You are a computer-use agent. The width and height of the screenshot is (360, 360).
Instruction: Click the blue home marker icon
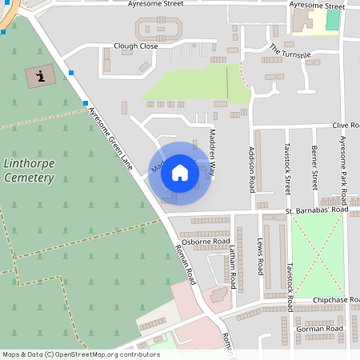coord(180,173)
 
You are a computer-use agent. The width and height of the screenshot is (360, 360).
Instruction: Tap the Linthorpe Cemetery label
coord(29,170)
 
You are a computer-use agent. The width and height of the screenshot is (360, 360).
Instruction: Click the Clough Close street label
coord(136,46)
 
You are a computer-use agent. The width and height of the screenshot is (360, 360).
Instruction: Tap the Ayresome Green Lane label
coord(110,138)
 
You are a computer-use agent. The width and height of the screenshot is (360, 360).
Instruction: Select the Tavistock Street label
coord(287,169)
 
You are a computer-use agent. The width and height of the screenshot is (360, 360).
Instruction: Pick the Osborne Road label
coord(206,241)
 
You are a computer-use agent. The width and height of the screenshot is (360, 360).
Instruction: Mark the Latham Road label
coord(233,267)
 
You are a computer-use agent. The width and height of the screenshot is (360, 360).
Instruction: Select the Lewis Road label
coord(260,256)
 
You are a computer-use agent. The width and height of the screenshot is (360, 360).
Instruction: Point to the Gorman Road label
coord(318,328)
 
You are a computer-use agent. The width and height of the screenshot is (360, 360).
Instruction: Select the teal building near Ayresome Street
coord(332,20)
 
